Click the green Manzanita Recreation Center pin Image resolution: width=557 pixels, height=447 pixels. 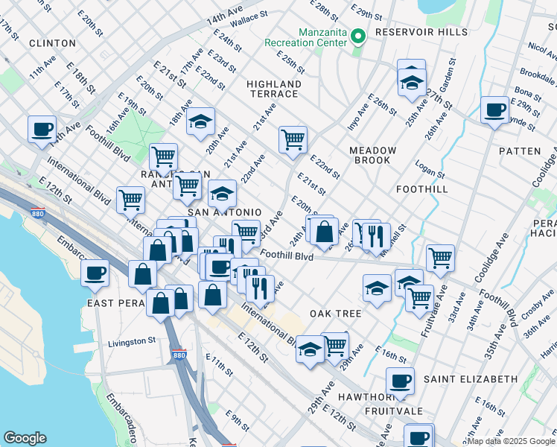tap(357, 35)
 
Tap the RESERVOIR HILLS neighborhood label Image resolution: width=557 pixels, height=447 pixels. tap(421, 32)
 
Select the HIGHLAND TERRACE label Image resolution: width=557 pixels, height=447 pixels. tap(274, 89)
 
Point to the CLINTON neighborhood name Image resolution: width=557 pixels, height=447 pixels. tap(52, 43)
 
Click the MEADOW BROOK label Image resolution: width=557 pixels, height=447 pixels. tap(373, 155)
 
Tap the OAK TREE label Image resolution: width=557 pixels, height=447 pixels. tap(335, 314)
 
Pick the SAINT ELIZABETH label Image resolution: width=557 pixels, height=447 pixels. tap(470, 379)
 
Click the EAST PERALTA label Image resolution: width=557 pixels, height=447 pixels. tap(120, 303)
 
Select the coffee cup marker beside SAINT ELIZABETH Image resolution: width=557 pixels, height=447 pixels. tap(401, 381)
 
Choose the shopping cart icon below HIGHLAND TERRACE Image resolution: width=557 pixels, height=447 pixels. tap(293, 139)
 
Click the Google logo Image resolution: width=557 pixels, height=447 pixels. tap(25, 438)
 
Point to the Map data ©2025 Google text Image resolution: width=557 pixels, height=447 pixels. tap(509, 441)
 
